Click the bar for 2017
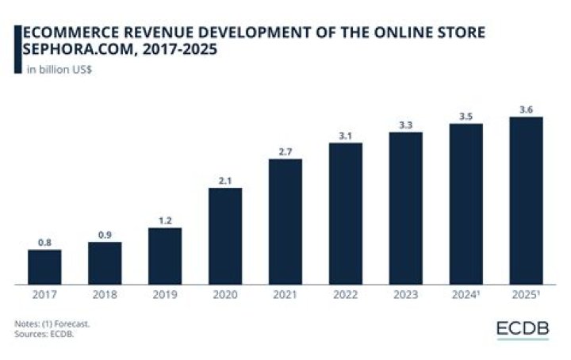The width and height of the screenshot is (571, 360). [x=44, y=266]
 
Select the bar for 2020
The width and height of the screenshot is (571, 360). [x=225, y=236]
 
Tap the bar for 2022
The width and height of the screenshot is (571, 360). [x=346, y=213]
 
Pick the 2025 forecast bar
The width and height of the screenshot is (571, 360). [x=527, y=201]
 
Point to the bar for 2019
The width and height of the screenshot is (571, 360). [x=165, y=256]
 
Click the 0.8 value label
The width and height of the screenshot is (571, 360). [x=44, y=243]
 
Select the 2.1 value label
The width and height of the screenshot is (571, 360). [x=225, y=181]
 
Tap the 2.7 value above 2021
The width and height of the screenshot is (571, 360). [x=285, y=151]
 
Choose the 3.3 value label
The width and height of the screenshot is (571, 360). [x=406, y=125]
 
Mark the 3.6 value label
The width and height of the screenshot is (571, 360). [x=527, y=109]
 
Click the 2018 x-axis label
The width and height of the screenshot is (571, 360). [x=105, y=294]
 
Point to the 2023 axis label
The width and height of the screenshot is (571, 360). [x=406, y=294]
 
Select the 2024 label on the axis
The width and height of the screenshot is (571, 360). [x=466, y=294]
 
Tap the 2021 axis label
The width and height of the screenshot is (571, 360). [x=285, y=294]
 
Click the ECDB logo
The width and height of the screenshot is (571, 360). [x=523, y=329]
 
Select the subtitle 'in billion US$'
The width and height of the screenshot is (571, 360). [x=59, y=70]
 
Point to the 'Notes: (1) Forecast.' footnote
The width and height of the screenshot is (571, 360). [x=52, y=324]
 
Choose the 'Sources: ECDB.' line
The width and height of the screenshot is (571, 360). [x=44, y=334]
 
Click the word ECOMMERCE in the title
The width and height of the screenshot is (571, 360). [x=71, y=33]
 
